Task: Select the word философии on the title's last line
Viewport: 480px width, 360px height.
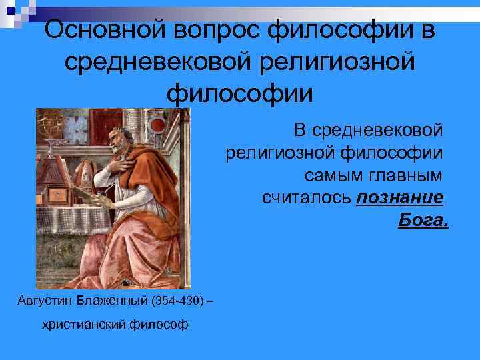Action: [239, 93]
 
